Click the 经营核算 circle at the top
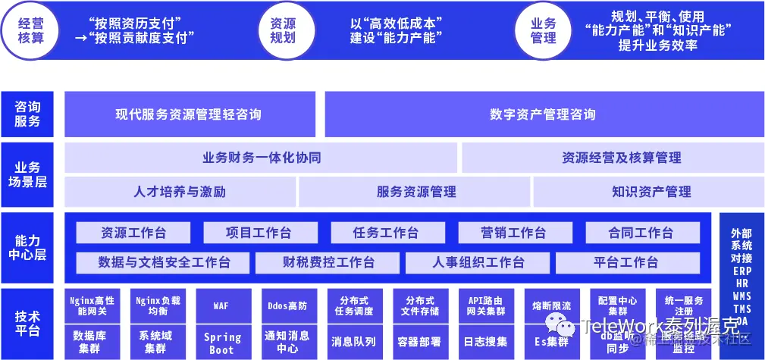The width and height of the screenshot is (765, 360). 30,30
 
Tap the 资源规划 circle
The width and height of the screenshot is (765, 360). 283,30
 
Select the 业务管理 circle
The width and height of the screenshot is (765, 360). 544,30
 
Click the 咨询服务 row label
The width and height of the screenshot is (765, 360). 27,114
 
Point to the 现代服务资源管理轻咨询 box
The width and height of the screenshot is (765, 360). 189,114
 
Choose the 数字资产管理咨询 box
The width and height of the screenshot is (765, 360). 542,114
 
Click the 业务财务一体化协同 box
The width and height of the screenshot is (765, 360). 261,158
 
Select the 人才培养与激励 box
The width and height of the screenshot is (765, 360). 180,192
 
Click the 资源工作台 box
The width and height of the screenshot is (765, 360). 133,232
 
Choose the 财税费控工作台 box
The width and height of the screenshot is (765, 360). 328,262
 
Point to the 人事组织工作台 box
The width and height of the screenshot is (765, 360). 478,262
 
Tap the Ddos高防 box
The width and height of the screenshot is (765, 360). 287,305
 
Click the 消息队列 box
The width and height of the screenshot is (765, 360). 353,341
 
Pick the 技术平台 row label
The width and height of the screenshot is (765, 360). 27,323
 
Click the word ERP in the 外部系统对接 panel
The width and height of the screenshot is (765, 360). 741,271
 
